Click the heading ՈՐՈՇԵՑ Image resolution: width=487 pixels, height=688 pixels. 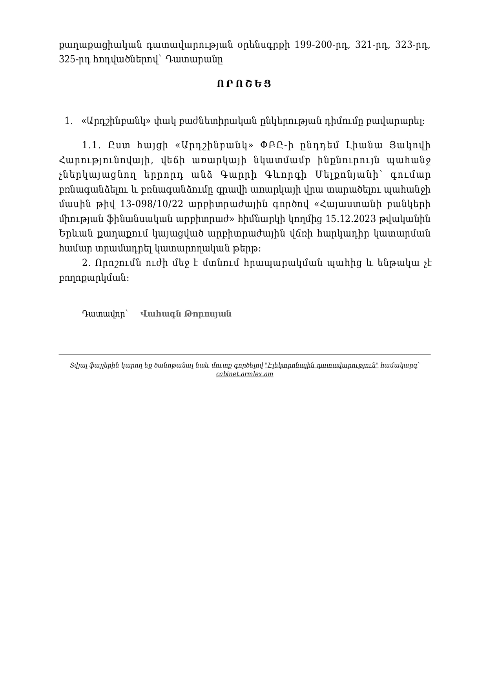(243, 84)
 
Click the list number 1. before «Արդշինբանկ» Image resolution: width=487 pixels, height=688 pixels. (68, 121)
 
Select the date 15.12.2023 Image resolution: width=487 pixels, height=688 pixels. (351, 219)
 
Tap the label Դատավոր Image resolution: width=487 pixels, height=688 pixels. (104, 314)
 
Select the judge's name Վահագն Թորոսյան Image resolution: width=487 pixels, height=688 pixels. (186, 314)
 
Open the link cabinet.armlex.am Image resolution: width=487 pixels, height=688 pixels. (244, 374)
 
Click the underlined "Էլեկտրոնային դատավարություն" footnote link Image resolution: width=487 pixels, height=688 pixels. (321, 366)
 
